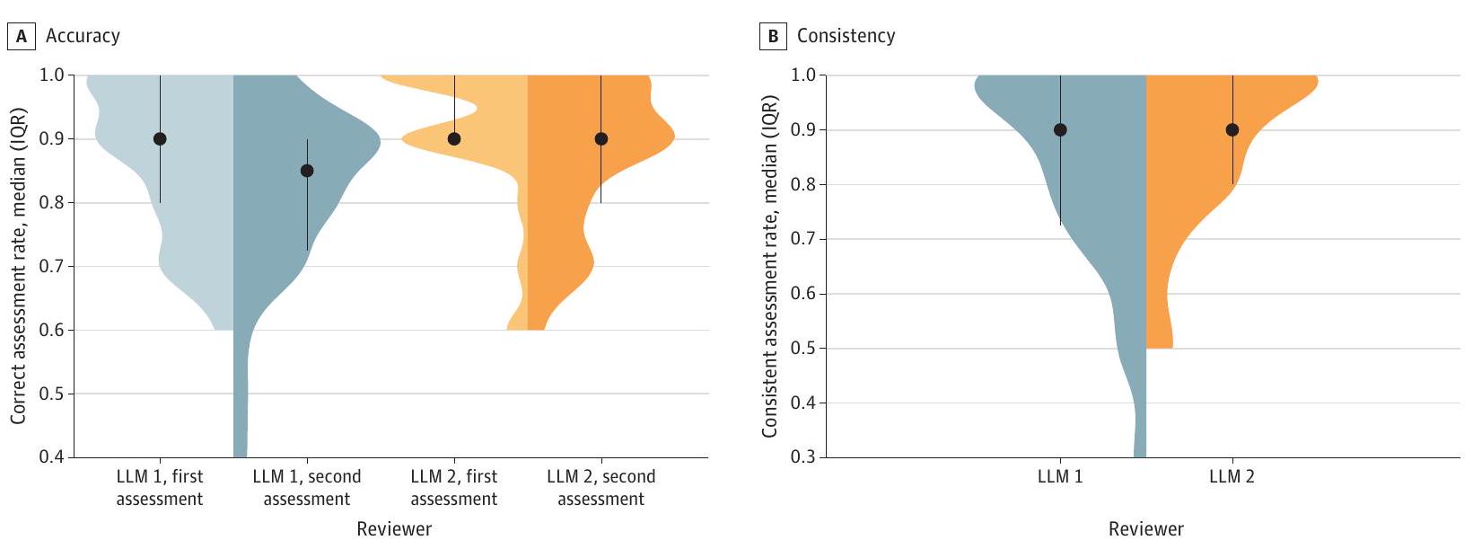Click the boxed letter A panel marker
(21, 37)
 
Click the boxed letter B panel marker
(772, 37)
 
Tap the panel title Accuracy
(83, 36)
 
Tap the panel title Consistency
(846, 36)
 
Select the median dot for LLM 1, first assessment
(160, 138)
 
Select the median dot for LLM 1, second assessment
(307, 171)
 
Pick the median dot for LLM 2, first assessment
(454, 138)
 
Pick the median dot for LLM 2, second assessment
(601, 138)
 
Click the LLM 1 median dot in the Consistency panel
(1060, 129)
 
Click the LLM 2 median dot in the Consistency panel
(1232, 129)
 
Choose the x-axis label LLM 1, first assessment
(160, 488)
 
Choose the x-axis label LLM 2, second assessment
(601, 488)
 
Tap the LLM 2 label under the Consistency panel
(1232, 477)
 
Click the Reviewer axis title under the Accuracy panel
(394, 529)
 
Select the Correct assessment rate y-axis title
(18, 266)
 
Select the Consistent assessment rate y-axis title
(769, 266)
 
